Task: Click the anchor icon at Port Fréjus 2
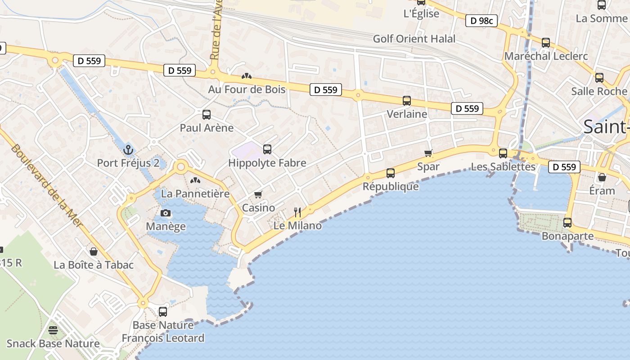pyautogui.click(x=128, y=149)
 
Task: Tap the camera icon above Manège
pyautogui.click(x=166, y=213)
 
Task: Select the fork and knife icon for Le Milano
pyautogui.click(x=297, y=212)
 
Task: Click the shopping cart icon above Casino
pyautogui.click(x=258, y=194)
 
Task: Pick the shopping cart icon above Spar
pyautogui.click(x=428, y=153)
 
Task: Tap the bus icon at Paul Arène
pyautogui.click(x=207, y=115)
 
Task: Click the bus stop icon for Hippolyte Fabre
pyautogui.click(x=267, y=149)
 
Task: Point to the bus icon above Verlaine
pyautogui.click(x=407, y=101)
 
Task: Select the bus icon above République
pyautogui.click(x=391, y=173)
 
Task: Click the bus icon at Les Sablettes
pyautogui.click(x=503, y=153)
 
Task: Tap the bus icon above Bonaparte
pyautogui.click(x=567, y=223)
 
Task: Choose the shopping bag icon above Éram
pyautogui.click(x=602, y=177)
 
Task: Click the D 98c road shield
pyautogui.click(x=481, y=21)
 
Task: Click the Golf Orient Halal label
pyautogui.click(x=414, y=39)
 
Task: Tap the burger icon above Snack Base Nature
pyautogui.click(x=53, y=330)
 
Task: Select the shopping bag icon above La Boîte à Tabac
pyautogui.click(x=94, y=252)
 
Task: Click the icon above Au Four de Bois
pyautogui.click(x=246, y=76)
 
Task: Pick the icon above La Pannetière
pyautogui.click(x=195, y=181)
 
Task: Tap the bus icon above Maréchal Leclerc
pyautogui.click(x=546, y=43)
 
